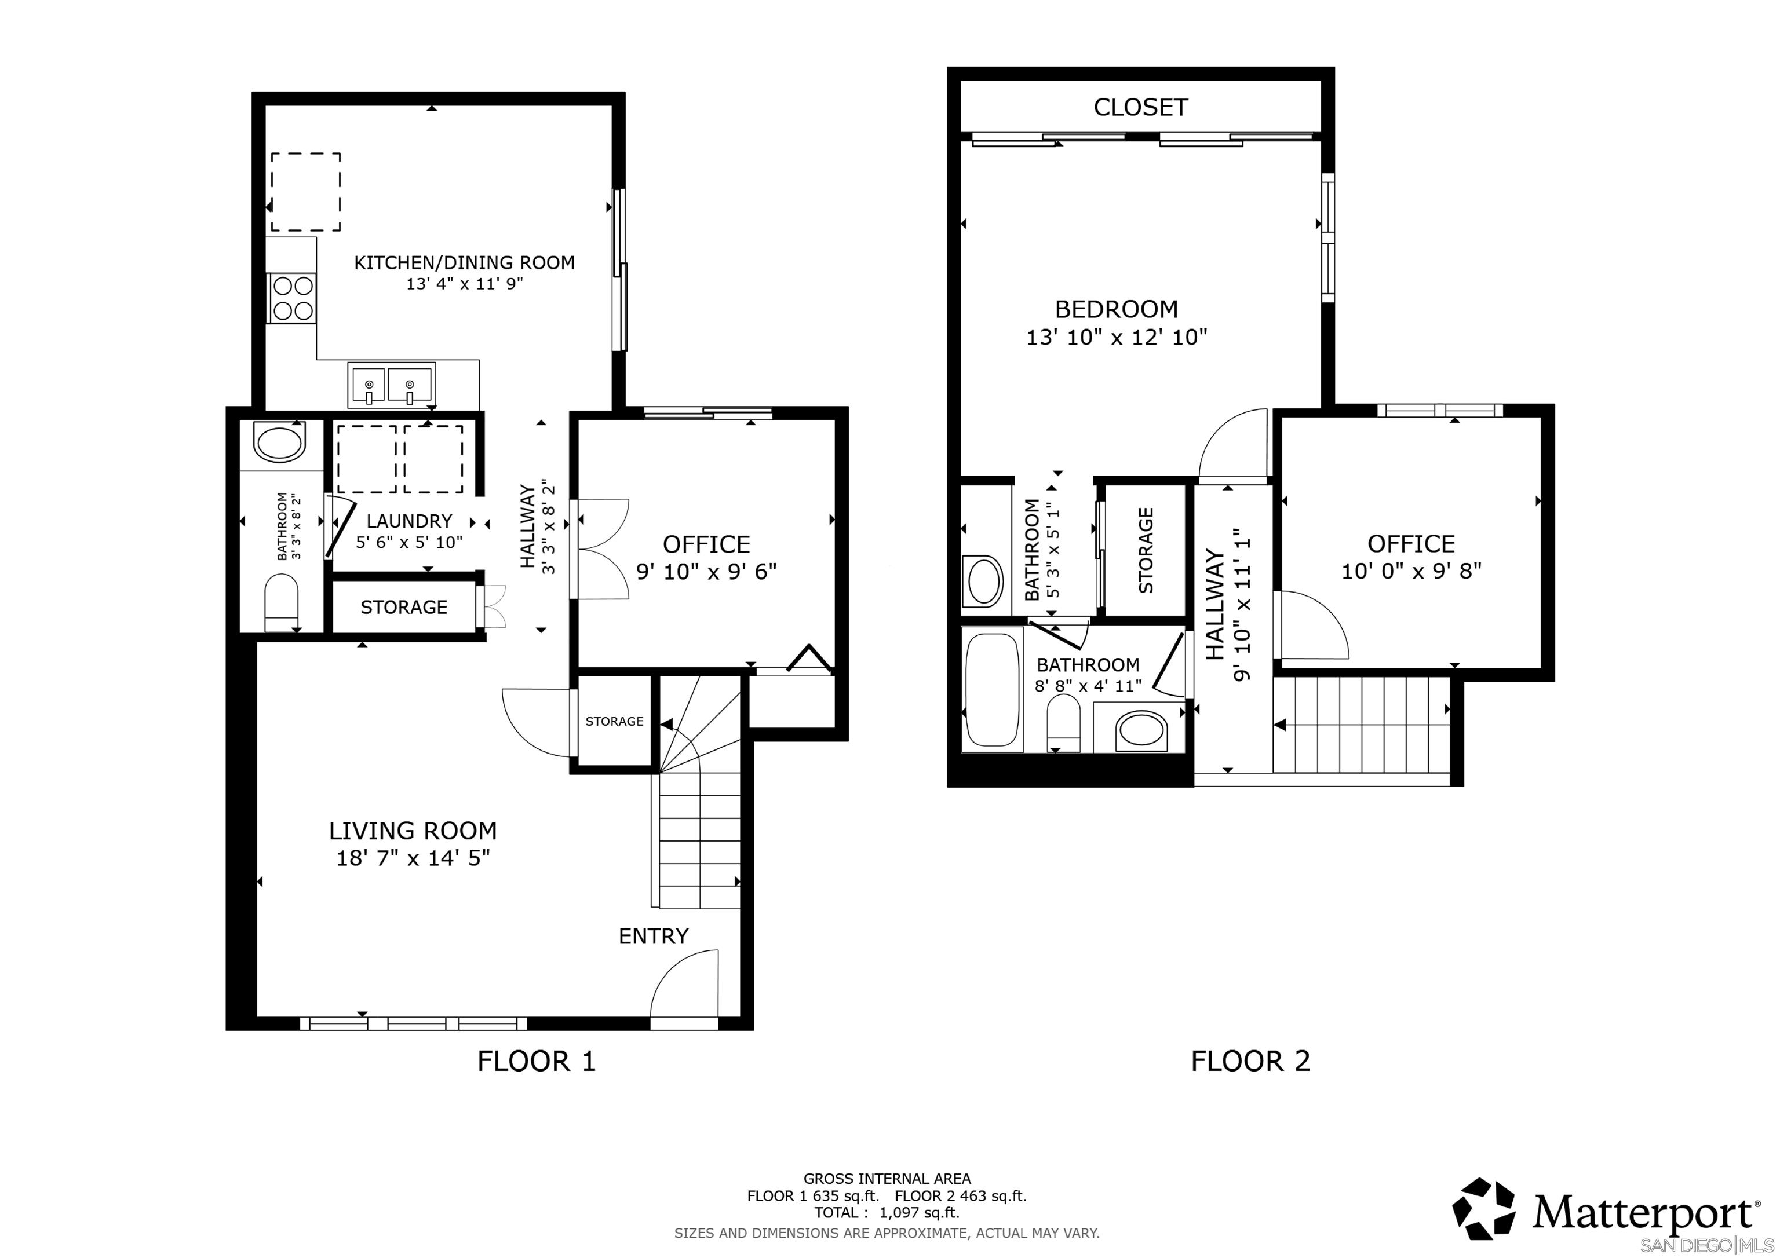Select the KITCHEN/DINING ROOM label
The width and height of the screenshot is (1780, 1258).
coord(464,263)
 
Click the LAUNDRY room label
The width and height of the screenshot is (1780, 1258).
coord(409,521)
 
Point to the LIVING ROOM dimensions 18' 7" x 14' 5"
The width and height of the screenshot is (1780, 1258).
coord(413,858)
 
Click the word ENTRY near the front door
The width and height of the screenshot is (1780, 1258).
coord(653,937)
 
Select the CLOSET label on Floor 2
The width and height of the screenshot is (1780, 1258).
coord(1140,107)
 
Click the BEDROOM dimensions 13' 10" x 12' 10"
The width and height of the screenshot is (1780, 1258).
coord(1117,337)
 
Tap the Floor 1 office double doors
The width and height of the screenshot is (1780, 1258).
coord(601,548)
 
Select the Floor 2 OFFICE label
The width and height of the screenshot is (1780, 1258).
coord(1411,543)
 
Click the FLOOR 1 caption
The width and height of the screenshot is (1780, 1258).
coord(537,1060)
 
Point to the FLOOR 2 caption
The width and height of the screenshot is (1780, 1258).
coord(1250,1060)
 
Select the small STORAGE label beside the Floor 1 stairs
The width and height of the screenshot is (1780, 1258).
coord(614,722)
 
